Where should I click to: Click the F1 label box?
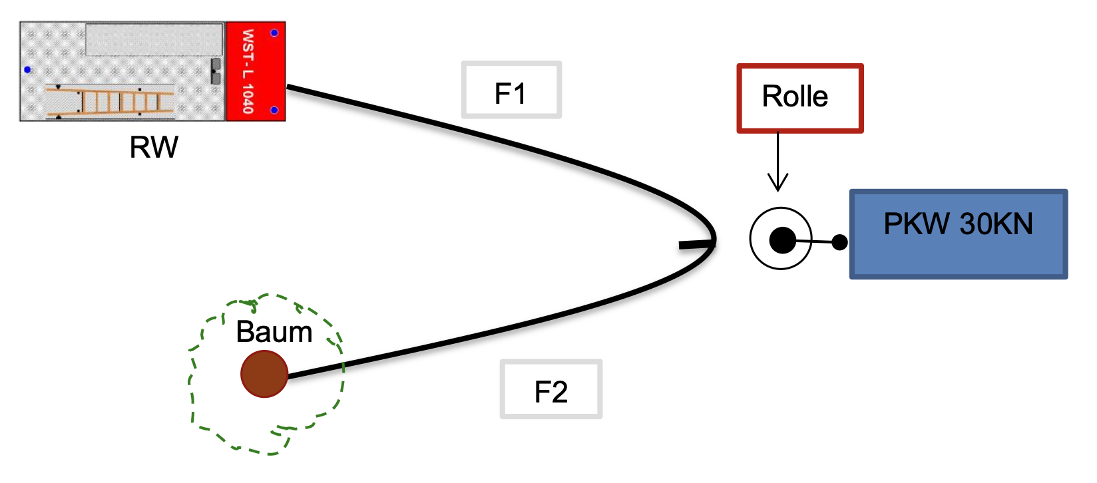coord(511,90)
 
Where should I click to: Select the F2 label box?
coord(551,390)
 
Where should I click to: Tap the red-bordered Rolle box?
coord(799,98)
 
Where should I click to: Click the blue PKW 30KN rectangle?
coord(958,234)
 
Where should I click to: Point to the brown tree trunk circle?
coord(264,375)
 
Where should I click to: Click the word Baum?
coord(274,332)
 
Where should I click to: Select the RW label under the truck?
coord(154,147)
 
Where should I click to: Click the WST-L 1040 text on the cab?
coord(248,71)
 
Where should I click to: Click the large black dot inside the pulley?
coord(782,240)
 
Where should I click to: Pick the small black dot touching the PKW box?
coord(840,242)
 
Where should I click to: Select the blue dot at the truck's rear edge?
coord(27,70)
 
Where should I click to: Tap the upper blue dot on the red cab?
coord(274,33)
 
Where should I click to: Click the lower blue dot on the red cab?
coord(274,110)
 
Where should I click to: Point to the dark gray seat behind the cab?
coord(216,71)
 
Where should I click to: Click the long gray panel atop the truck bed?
coord(154,40)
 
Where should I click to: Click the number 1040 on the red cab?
coord(248,98)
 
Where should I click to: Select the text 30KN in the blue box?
coord(996,224)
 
